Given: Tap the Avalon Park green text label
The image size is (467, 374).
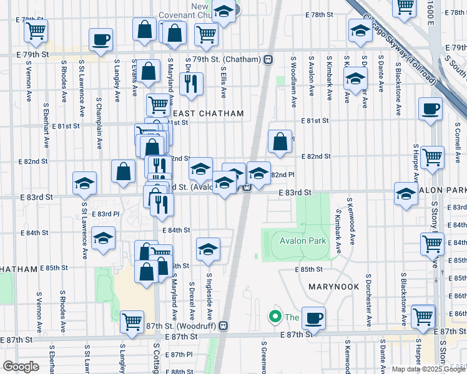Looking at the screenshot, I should pyautogui.click(x=300, y=241).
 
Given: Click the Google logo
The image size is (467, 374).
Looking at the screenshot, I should pyautogui.click(x=21, y=367).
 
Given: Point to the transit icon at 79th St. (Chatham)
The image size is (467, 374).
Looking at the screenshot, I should pyautogui.click(x=268, y=60).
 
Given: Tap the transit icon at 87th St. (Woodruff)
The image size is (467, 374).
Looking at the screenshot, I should pyautogui.click(x=224, y=326).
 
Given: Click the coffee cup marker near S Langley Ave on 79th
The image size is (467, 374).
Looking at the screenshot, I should pyautogui.click(x=101, y=41).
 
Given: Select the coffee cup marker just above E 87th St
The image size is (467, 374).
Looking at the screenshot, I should pyautogui.click(x=313, y=318).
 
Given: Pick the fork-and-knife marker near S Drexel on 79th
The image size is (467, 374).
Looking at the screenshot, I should pyautogui.click(x=192, y=83).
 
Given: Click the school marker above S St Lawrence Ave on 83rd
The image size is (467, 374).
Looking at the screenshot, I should pyautogui.click(x=85, y=183).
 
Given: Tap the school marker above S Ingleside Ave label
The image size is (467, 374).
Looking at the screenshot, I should pyautogui.click(x=209, y=249).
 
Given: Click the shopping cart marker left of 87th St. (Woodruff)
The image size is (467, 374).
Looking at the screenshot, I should pyautogui.click(x=132, y=322).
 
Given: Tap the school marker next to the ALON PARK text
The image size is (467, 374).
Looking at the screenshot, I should pyautogui.click(x=406, y=194).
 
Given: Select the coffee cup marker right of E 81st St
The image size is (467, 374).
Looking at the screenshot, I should pyautogui.click(x=430, y=109).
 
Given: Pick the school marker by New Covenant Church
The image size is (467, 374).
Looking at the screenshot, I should pyautogui.click(x=224, y=11).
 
